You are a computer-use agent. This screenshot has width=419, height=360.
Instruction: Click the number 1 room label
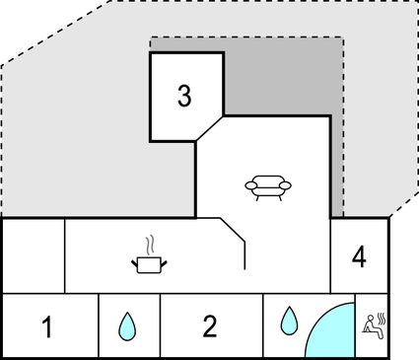click(46, 326)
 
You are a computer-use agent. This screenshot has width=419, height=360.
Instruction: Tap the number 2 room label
click(209, 325)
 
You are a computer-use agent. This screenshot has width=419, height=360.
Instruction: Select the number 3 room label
click(184, 96)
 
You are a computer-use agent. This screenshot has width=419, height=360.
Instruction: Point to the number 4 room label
click(359, 257)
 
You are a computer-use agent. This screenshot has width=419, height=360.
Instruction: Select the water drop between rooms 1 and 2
click(127, 325)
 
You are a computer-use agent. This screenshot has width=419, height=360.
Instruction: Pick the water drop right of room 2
click(289, 320)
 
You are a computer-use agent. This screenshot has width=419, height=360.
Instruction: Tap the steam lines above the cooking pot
click(149, 243)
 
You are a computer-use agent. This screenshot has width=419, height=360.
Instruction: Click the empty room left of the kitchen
click(34, 255)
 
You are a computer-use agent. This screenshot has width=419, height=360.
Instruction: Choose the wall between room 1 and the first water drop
click(99, 326)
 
